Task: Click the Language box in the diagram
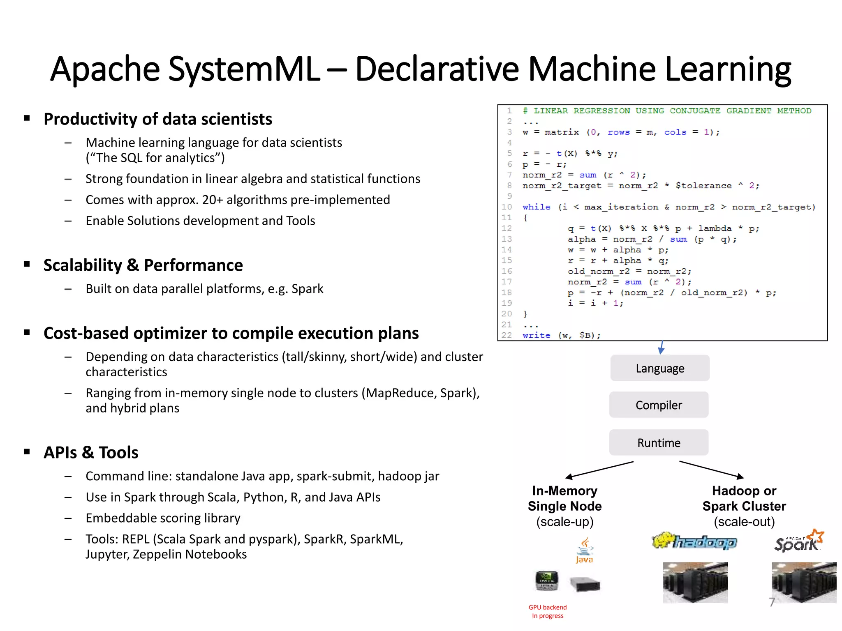point(659,368)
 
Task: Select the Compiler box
point(659,405)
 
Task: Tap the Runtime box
point(659,443)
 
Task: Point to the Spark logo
point(799,541)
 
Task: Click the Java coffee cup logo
point(584,550)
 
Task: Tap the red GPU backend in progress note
point(548,611)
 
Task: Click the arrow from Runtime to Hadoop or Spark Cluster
point(711,470)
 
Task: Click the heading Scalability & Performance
point(143,265)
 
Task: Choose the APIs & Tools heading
point(91,452)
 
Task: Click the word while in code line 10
point(536,207)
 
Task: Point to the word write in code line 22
point(536,335)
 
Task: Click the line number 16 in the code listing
point(507,271)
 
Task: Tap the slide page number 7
point(772,602)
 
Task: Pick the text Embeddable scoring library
point(163,518)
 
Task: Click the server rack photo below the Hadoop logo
point(695,583)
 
